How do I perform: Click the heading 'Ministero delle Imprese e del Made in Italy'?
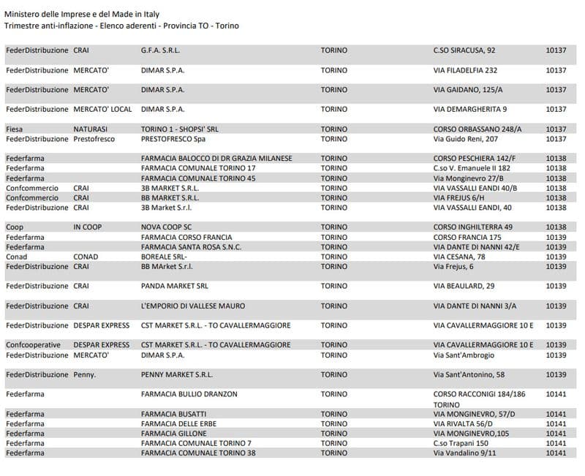click(x=82, y=15)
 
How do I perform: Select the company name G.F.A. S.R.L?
click(x=160, y=50)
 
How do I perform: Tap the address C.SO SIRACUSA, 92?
click(x=464, y=50)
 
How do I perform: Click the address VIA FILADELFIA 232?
click(x=465, y=70)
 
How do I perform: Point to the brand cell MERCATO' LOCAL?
click(x=103, y=109)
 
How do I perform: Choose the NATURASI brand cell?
click(x=91, y=129)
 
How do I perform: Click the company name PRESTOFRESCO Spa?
click(x=173, y=139)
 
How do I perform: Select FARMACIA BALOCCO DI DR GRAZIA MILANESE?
click(x=216, y=158)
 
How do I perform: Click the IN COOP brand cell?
click(x=88, y=227)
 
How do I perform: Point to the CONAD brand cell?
click(x=86, y=257)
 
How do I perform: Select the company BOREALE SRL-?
click(x=165, y=257)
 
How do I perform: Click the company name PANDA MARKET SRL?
click(x=175, y=286)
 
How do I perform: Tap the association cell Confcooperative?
click(x=33, y=344)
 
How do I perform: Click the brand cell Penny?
click(x=85, y=374)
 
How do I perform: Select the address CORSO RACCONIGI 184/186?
click(x=479, y=394)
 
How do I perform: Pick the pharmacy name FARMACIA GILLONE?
click(x=174, y=434)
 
